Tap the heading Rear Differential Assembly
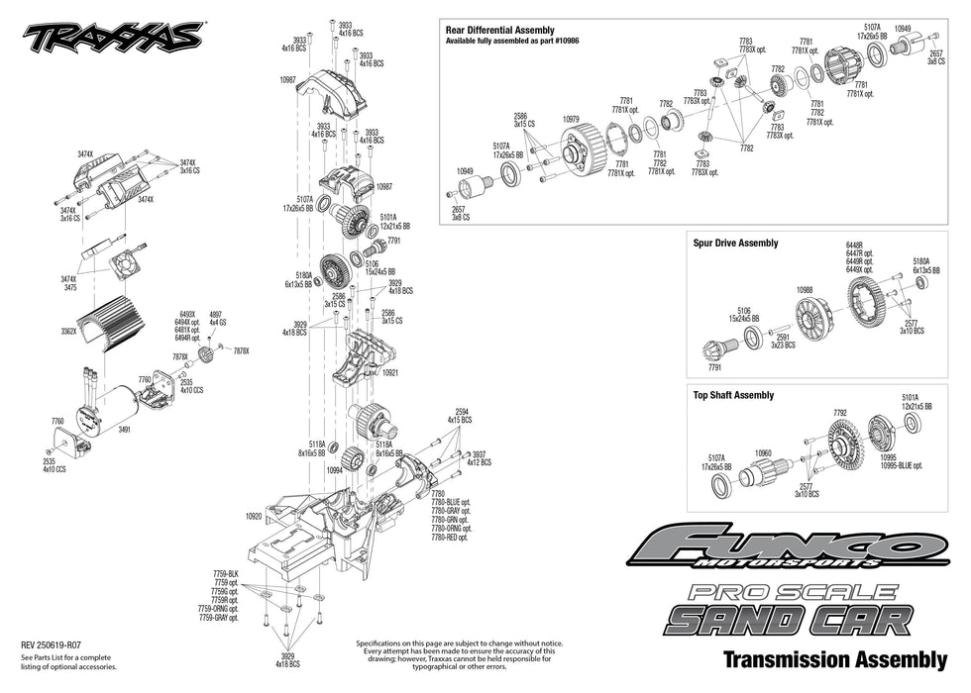pyautogui.click(x=500, y=31)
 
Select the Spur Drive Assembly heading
pyautogui.click(x=735, y=243)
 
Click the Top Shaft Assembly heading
pyautogui.click(x=733, y=395)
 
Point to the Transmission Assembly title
pyautogui.click(x=835, y=658)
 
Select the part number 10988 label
pyautogui.click(x=806, y=290)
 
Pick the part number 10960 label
pyautogui.click(x=763, y=453)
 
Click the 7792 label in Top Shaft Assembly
pyautogui.click(x=840, y=413)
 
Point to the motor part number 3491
pyautogui.click(x=124, y=431)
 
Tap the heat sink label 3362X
pyautogui.click(x=68, y=333)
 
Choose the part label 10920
pyautogui.click(x=254, y=516)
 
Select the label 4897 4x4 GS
pyautogui.click(x=217, y=319)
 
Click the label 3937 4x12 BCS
pyautogui.click(x=480, y=457)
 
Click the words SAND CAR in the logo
pyautogui.click(x=788, y=620)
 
